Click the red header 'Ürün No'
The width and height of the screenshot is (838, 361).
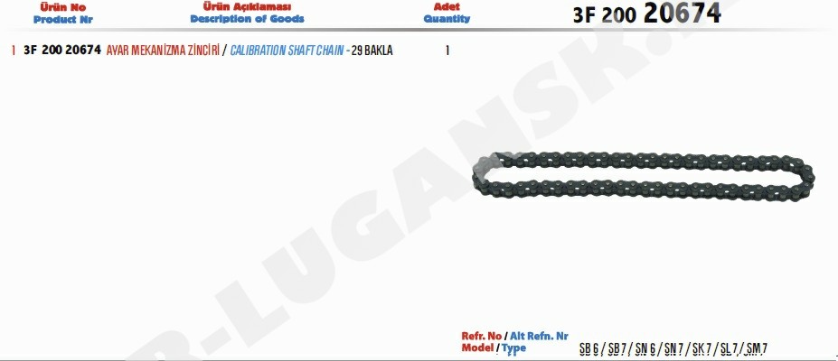[63, 7]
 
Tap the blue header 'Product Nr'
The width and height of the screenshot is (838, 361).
[63, 20]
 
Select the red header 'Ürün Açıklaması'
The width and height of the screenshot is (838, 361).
[247, 7]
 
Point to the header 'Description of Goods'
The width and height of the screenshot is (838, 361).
[247, 19]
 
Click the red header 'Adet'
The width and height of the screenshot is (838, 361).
[447, 7]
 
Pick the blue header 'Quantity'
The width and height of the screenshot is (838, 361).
[447, 19]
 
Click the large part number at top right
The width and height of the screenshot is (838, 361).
[647, 14]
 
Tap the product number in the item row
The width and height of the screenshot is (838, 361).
[62, 51]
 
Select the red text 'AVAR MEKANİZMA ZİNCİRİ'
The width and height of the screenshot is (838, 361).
[163, 51]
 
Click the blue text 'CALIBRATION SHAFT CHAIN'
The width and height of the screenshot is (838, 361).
[287, 51]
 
